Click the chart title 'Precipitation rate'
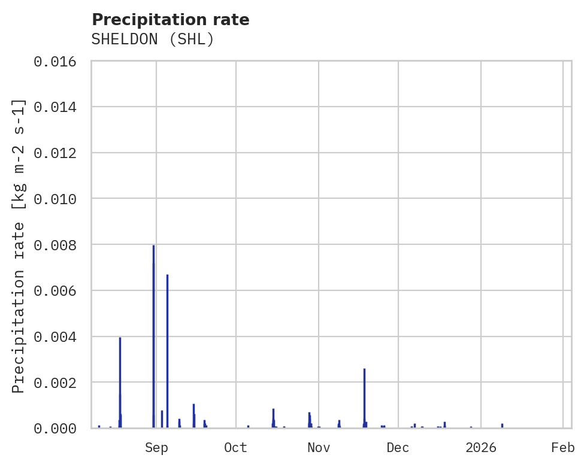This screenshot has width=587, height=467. pos(171,20)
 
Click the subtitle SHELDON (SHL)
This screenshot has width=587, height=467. pos(153,40)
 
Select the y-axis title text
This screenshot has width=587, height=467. pos(19,245)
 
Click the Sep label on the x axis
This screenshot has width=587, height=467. pos(156,447)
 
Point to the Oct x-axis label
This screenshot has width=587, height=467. pos(236,447)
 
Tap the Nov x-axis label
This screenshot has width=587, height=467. pos(318,447)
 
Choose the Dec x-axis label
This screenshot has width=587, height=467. pos(398,447)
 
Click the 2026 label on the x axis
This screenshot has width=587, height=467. pos(481,447)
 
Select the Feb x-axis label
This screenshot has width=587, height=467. pos(563,447)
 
